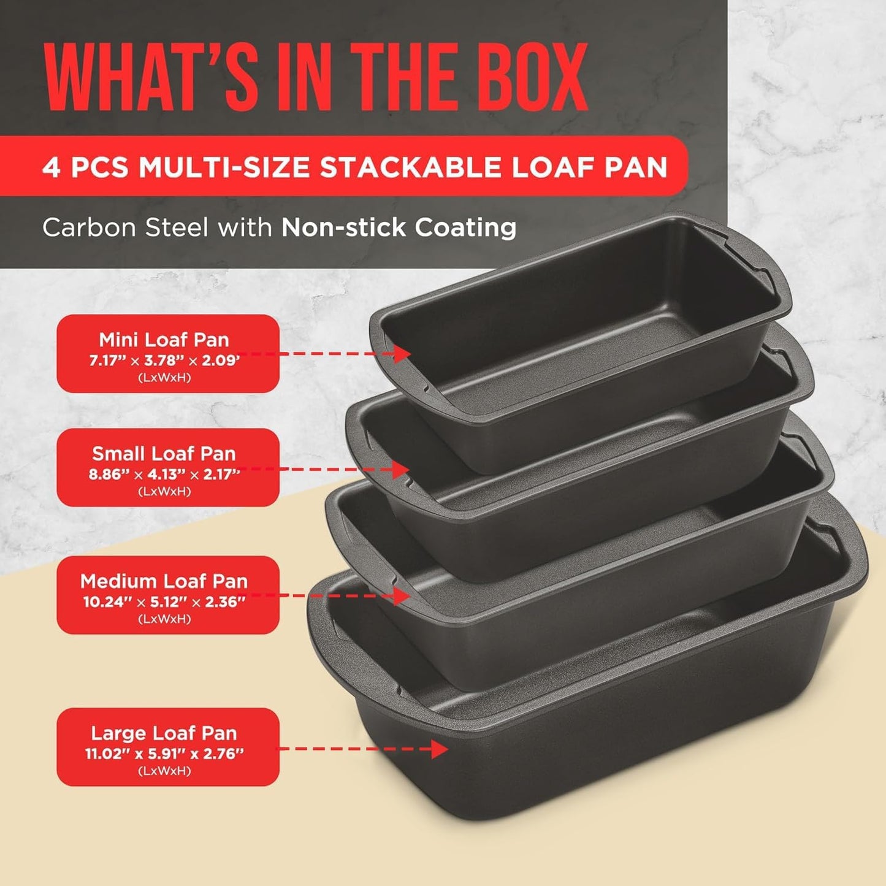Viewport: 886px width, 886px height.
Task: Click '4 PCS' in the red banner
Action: (x=85, y=167)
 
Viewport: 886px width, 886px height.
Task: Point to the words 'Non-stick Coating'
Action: (x=399, y=227)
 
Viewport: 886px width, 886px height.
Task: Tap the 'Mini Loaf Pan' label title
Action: (x=164, y=340)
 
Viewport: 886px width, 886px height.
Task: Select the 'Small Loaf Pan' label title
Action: (x=164, y=454)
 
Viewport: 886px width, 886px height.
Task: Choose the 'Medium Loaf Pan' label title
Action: (x=164, y=581)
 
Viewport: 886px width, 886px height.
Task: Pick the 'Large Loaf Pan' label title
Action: (x=164, y=733)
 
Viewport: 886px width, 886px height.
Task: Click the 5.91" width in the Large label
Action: (x=164, y=754)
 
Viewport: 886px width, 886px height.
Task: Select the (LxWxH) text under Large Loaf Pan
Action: (x=164, y=771)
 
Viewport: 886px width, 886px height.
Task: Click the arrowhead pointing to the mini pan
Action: (x=403, y=354)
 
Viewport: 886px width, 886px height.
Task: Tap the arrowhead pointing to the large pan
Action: (x=440, y=749)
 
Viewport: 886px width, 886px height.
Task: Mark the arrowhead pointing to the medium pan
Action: (x=402, y=595)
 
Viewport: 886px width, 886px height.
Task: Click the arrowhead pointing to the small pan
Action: (x=402, y=470)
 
